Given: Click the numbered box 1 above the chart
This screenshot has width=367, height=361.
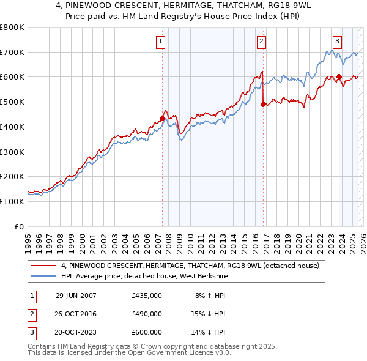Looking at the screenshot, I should [x=160, y=42].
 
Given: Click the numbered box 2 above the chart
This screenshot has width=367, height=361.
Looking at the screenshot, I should [x=261, y=42].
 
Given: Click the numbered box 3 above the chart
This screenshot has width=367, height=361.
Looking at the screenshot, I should [x=337, y=42].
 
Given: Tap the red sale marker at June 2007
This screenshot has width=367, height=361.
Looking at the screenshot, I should [x=162, y=118].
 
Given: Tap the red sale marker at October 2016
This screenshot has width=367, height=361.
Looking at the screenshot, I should [x=263, y=105].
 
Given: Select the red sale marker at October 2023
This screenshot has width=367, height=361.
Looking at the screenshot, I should [x=339, y=77].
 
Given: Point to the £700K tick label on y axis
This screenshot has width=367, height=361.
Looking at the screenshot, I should [x=12, y=52].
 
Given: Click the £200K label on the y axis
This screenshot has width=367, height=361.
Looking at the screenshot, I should [x=12, y=176].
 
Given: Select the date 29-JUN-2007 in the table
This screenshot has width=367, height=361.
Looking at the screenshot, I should [x=75, y=296].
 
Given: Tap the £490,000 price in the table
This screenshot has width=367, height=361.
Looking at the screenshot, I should [x=147, y=314].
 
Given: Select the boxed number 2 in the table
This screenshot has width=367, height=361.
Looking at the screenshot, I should [x=31, y=314].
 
